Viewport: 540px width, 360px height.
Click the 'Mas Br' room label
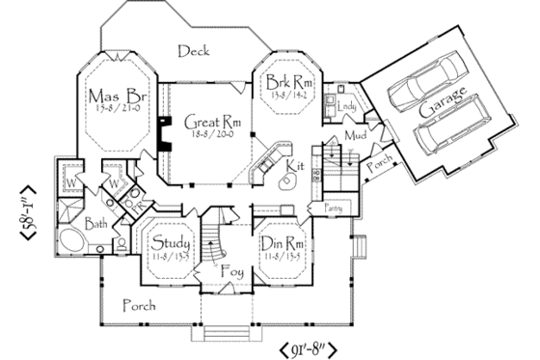click(113, 97)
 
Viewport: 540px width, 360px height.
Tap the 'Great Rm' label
click(198, 123)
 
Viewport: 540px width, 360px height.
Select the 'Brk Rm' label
click(286, 84)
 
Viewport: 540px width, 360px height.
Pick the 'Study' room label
click(170, 241)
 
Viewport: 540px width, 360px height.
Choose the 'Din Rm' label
click(283, 243)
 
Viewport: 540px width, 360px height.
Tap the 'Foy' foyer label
click(230, 270)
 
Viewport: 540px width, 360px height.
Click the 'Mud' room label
click(354, 138)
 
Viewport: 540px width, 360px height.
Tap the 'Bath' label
click(94, 224)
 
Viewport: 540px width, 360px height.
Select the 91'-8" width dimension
click(314, 346)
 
